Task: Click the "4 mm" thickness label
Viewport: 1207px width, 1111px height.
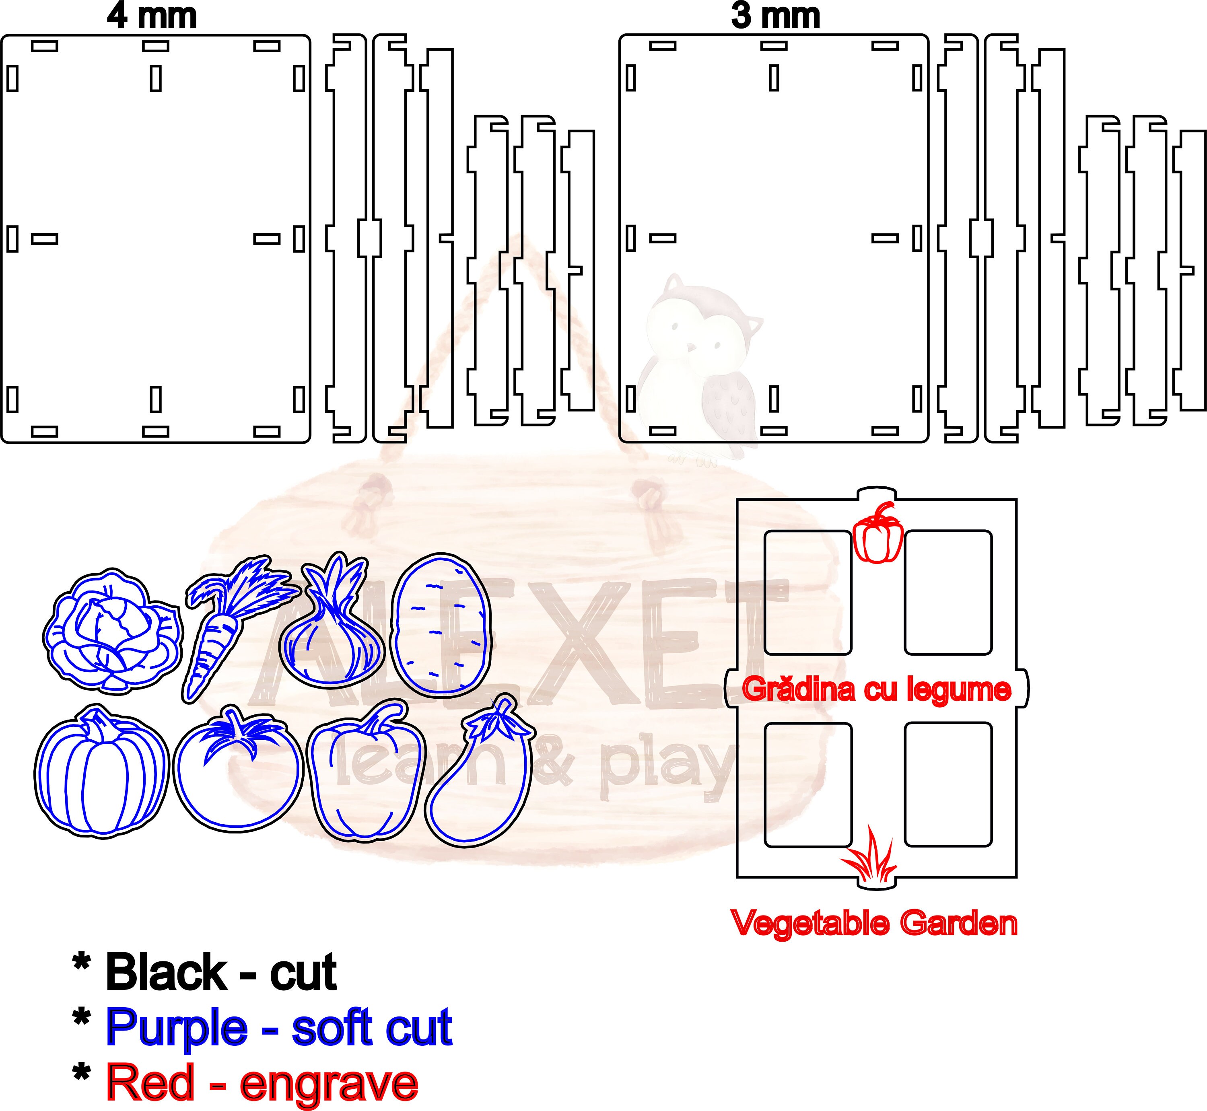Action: pyautogui.click(x=152, y=16)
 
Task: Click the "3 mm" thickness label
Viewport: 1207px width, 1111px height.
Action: pyautogui.click(x=775, y=16)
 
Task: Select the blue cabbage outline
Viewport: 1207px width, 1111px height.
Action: pyautogui.click(x=113, y=629)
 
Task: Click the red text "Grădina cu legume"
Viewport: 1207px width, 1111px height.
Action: pyautogui.click(x=876, y=689)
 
